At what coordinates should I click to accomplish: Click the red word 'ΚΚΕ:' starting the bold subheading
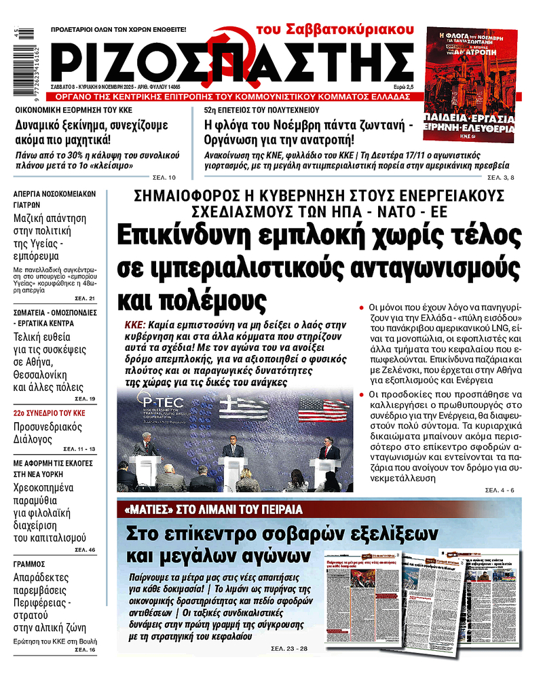[x=134, y=324]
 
